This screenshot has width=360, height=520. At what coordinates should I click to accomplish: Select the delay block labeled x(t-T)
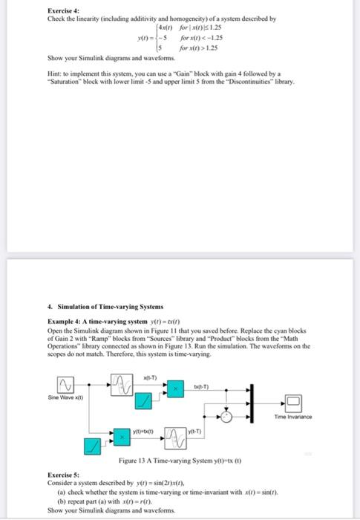click(x=122, y=384)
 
